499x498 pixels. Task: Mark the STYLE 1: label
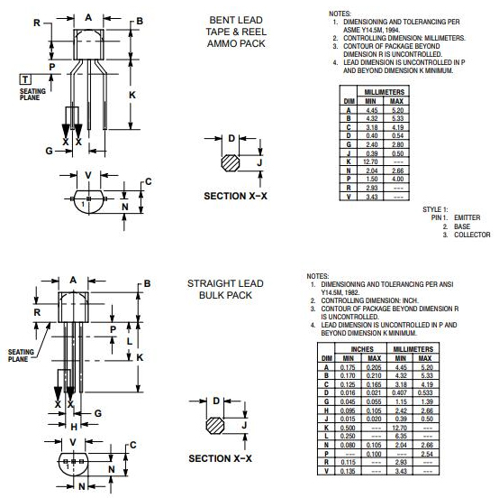(435, 209)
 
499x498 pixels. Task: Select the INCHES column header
(362, 348)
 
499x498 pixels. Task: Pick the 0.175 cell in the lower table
(349, 367)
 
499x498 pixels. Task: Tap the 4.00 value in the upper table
(396, 180)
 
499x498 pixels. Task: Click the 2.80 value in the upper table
(396, 144)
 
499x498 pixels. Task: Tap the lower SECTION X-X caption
(220, 458)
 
